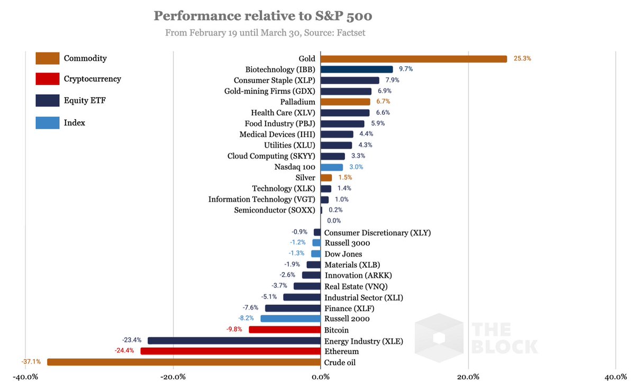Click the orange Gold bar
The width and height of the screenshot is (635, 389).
(413, 59)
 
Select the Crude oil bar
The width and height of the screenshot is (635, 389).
(184, 363)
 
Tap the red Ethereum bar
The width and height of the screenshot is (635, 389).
(230, 351)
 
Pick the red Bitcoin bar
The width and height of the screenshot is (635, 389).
(285, 330)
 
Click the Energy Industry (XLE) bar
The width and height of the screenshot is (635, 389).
(234, 341)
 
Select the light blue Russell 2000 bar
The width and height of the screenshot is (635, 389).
(291, 319)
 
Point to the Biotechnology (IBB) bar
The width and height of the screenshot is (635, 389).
(357, 69)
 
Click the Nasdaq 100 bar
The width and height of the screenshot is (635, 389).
(332, 167)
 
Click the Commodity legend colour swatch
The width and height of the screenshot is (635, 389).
(47, 58)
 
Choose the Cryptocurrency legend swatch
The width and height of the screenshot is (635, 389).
(47, 79)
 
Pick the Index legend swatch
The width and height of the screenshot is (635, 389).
(47, 123)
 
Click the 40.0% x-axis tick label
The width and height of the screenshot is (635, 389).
(615, 377)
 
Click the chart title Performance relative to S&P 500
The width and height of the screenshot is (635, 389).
(263, 16)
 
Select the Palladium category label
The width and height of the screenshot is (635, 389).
(296, 102)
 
